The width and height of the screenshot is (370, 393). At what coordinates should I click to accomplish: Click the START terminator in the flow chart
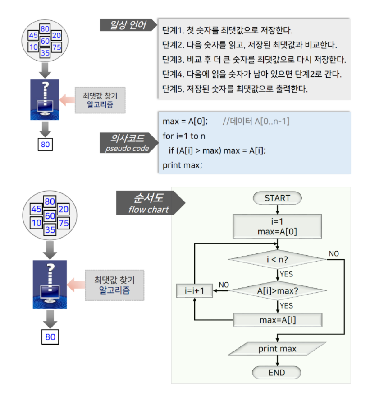click(277, 198)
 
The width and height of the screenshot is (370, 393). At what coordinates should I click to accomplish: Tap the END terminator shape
click(277, 373)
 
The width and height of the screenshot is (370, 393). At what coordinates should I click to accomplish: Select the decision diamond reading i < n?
click(277, 260)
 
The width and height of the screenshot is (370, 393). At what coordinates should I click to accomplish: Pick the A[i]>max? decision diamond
click(277, 291)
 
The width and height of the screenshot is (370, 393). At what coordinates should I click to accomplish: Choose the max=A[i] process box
click(277, 320)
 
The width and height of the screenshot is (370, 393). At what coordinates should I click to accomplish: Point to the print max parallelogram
click(277, 349)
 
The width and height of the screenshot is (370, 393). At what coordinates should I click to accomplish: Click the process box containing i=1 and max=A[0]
click(277, 226)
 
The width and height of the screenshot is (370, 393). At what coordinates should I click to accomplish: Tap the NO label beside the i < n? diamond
click(334, 254)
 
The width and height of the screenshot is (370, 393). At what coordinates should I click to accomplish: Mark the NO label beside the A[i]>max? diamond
click(224, 285)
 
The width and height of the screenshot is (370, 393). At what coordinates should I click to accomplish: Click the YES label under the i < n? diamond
click(286, 274)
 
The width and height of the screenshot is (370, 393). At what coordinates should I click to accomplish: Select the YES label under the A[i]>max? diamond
click(286, 306)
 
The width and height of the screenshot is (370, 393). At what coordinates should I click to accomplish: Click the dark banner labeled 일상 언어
click(128, 25)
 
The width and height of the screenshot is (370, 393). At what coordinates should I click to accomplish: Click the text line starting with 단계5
click(235, 89)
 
